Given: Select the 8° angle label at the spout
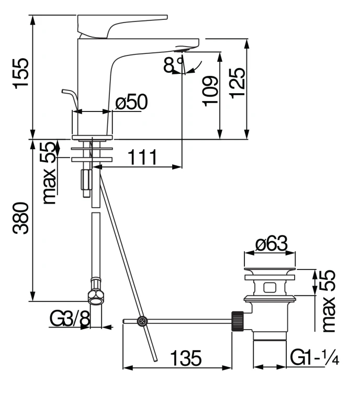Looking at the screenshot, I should point(173,65).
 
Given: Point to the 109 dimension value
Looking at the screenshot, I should point(209,90).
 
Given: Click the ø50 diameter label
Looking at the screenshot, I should point(131,102).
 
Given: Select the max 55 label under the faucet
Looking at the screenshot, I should point(50,173).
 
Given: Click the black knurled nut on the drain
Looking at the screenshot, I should point(239,320).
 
